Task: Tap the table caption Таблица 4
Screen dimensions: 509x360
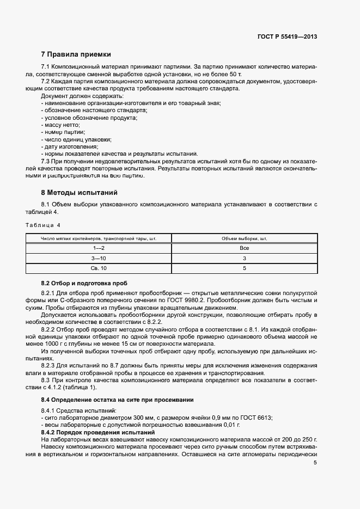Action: click(44, 225)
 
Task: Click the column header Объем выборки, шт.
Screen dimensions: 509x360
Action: click(244, 238)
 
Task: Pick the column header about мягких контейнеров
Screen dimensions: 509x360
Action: click(99, 238)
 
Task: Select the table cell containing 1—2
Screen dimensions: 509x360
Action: click(99, 248)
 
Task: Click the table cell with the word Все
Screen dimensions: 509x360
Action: click(244, 248)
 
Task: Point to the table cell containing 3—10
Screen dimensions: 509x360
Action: click(99, 259)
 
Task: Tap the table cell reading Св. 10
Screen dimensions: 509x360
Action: click(99, 269)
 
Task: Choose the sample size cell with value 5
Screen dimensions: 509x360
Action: click(244, 269)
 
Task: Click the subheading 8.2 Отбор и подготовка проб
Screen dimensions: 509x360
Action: click(84, 284)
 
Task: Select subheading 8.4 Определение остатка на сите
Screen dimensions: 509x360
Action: click(117, 400)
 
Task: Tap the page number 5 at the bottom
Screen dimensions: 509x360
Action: click(315, 463)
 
